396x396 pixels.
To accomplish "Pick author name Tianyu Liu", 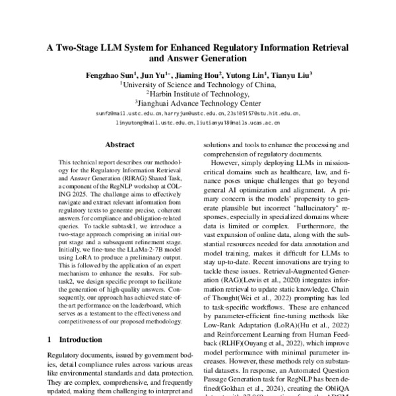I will (292, 75).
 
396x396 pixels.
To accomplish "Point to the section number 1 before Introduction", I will (50, 339).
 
